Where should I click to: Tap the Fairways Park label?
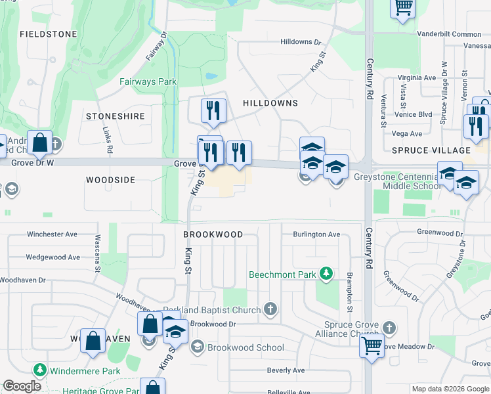[148, 82]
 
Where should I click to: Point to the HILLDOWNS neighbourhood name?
[270, 103]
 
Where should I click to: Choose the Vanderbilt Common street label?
[449, 33]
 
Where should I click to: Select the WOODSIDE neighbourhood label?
[110, 179]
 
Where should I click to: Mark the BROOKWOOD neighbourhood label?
[213, 234]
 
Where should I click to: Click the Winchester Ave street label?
[52, 234]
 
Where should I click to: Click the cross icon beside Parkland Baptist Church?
[270, 309]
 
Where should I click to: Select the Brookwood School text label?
[245, 348]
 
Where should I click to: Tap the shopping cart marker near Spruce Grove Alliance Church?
[372, 345]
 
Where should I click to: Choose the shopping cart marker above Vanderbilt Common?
[402, 8]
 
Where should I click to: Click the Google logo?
[22, 386]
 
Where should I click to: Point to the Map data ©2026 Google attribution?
[450, 389]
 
